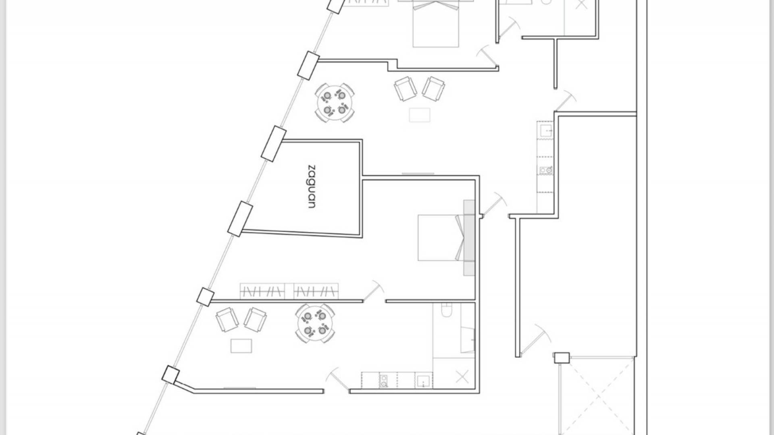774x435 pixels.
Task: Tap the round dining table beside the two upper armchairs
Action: (x=335, y=103)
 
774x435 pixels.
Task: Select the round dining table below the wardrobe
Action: (x=315, y=323)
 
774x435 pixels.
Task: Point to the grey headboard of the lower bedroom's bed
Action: (x=469, y=238)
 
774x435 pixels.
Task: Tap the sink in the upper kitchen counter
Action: (x=546, y=130)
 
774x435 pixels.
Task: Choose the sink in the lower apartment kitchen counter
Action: (x=424, y=381)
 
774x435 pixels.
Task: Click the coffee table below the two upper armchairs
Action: (x=420, y=115)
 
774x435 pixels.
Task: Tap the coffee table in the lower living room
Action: (x=241, y=346)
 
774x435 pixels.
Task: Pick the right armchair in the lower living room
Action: (x=256, y=320)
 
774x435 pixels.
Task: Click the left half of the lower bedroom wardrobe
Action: (x=262, y=291)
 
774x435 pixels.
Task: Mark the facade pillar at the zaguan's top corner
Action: (x=274, y=143)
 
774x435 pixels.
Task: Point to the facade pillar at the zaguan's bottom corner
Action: (x=240, y=219)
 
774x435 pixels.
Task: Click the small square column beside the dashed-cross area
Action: (x=561, y=358)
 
